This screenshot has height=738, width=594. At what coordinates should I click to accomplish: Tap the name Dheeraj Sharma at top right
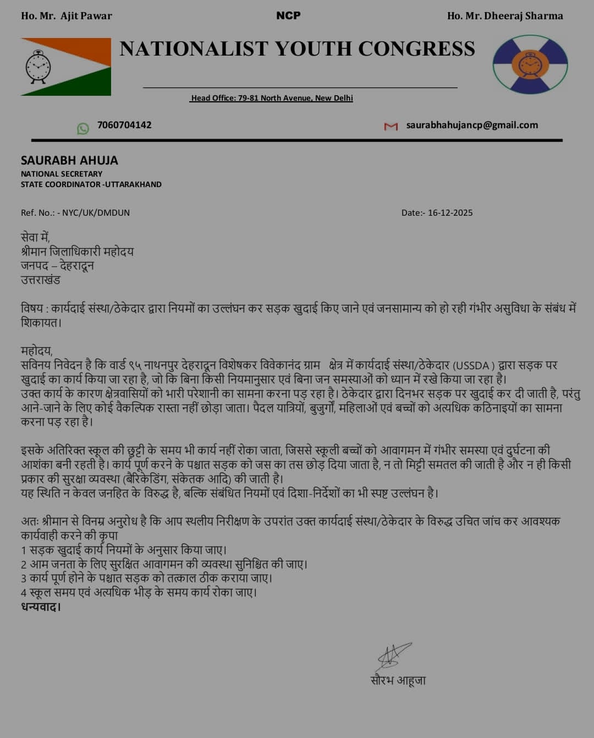pos(523,16)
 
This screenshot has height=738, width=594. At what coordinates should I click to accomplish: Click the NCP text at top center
pos(288,15)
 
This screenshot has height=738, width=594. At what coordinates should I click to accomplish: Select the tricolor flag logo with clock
pos(66,67)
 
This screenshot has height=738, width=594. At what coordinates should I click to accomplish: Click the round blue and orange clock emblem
pos(530,64)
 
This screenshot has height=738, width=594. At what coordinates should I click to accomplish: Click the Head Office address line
pos(272,98)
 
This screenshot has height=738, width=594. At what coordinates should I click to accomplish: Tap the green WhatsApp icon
pos(83,128)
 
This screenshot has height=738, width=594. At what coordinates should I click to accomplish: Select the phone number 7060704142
pos(124,125)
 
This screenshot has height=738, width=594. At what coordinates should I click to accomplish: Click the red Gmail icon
pos(391,127)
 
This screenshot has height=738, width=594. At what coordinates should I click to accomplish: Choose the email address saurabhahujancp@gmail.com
pos(472,125)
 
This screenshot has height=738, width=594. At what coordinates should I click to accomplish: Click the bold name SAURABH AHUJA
pos(69,160)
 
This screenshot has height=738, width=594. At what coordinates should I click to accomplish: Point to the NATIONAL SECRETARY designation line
pos(62,174)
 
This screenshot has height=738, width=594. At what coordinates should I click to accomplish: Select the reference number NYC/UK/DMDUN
pos(96,212)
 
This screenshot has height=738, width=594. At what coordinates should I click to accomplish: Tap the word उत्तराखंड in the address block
pos(41,280)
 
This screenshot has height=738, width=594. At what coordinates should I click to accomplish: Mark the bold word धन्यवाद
pos(41,606)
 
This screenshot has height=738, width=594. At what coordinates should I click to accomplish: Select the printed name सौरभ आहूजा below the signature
pos(398,680)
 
